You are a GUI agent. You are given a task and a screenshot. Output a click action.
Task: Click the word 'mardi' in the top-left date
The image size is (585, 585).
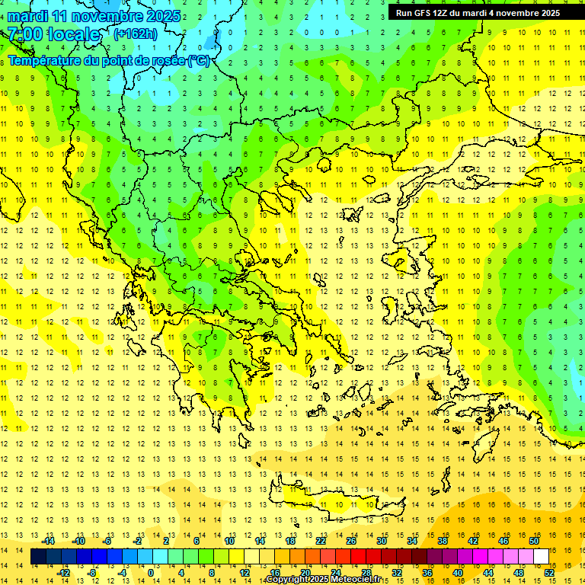28,16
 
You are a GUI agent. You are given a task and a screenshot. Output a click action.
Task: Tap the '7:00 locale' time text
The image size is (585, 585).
54,34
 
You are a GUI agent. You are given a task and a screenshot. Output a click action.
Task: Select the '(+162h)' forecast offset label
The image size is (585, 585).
135,34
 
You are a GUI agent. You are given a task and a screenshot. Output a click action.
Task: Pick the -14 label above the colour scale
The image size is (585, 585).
50,541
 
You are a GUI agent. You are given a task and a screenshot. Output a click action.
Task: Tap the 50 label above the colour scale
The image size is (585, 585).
533,541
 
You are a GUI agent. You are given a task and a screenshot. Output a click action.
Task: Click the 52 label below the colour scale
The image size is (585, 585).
549,573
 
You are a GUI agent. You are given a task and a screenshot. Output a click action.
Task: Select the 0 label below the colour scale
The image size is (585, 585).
150,573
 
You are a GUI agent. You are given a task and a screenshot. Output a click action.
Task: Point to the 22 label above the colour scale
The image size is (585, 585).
321,541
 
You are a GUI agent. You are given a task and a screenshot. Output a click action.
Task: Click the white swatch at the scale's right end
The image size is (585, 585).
541,557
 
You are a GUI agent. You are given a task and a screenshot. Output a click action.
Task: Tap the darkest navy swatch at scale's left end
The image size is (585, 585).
39,557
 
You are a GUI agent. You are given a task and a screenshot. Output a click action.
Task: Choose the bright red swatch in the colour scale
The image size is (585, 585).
358,557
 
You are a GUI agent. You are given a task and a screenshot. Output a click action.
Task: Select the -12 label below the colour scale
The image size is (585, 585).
65,573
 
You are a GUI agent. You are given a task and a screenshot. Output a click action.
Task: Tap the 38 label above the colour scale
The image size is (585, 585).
443,541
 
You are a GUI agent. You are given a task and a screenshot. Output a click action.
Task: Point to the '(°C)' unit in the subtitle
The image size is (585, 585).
199,60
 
